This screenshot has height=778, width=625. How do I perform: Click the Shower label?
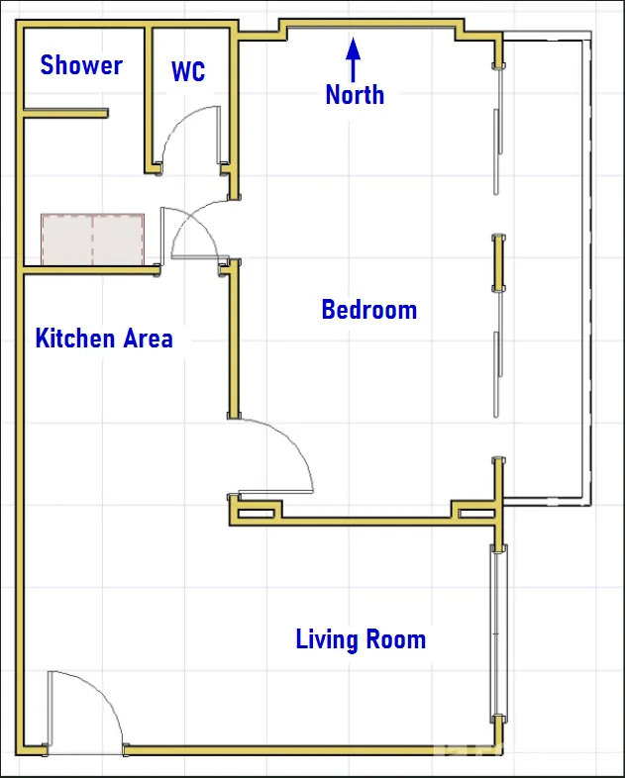(81, 65)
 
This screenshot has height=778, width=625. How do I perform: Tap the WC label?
(188, 71)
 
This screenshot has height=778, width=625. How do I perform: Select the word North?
(355, 94)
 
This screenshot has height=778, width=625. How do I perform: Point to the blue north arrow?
(353, 59)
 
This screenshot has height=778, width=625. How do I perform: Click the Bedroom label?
(369, 309)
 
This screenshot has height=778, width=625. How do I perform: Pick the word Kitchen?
(75, 339)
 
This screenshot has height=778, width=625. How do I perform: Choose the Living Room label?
(361, 639)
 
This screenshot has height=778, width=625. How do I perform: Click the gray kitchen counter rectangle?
(93, 240)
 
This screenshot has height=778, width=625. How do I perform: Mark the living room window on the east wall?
(498, 633)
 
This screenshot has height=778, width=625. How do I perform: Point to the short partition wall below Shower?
(65, 113)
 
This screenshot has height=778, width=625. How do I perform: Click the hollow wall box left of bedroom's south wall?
(257, 513)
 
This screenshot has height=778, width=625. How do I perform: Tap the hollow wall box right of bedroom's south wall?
(476, 513)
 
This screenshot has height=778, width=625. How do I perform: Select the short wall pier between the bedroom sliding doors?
(498, 263)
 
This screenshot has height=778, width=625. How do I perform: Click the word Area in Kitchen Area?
(148, 339)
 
